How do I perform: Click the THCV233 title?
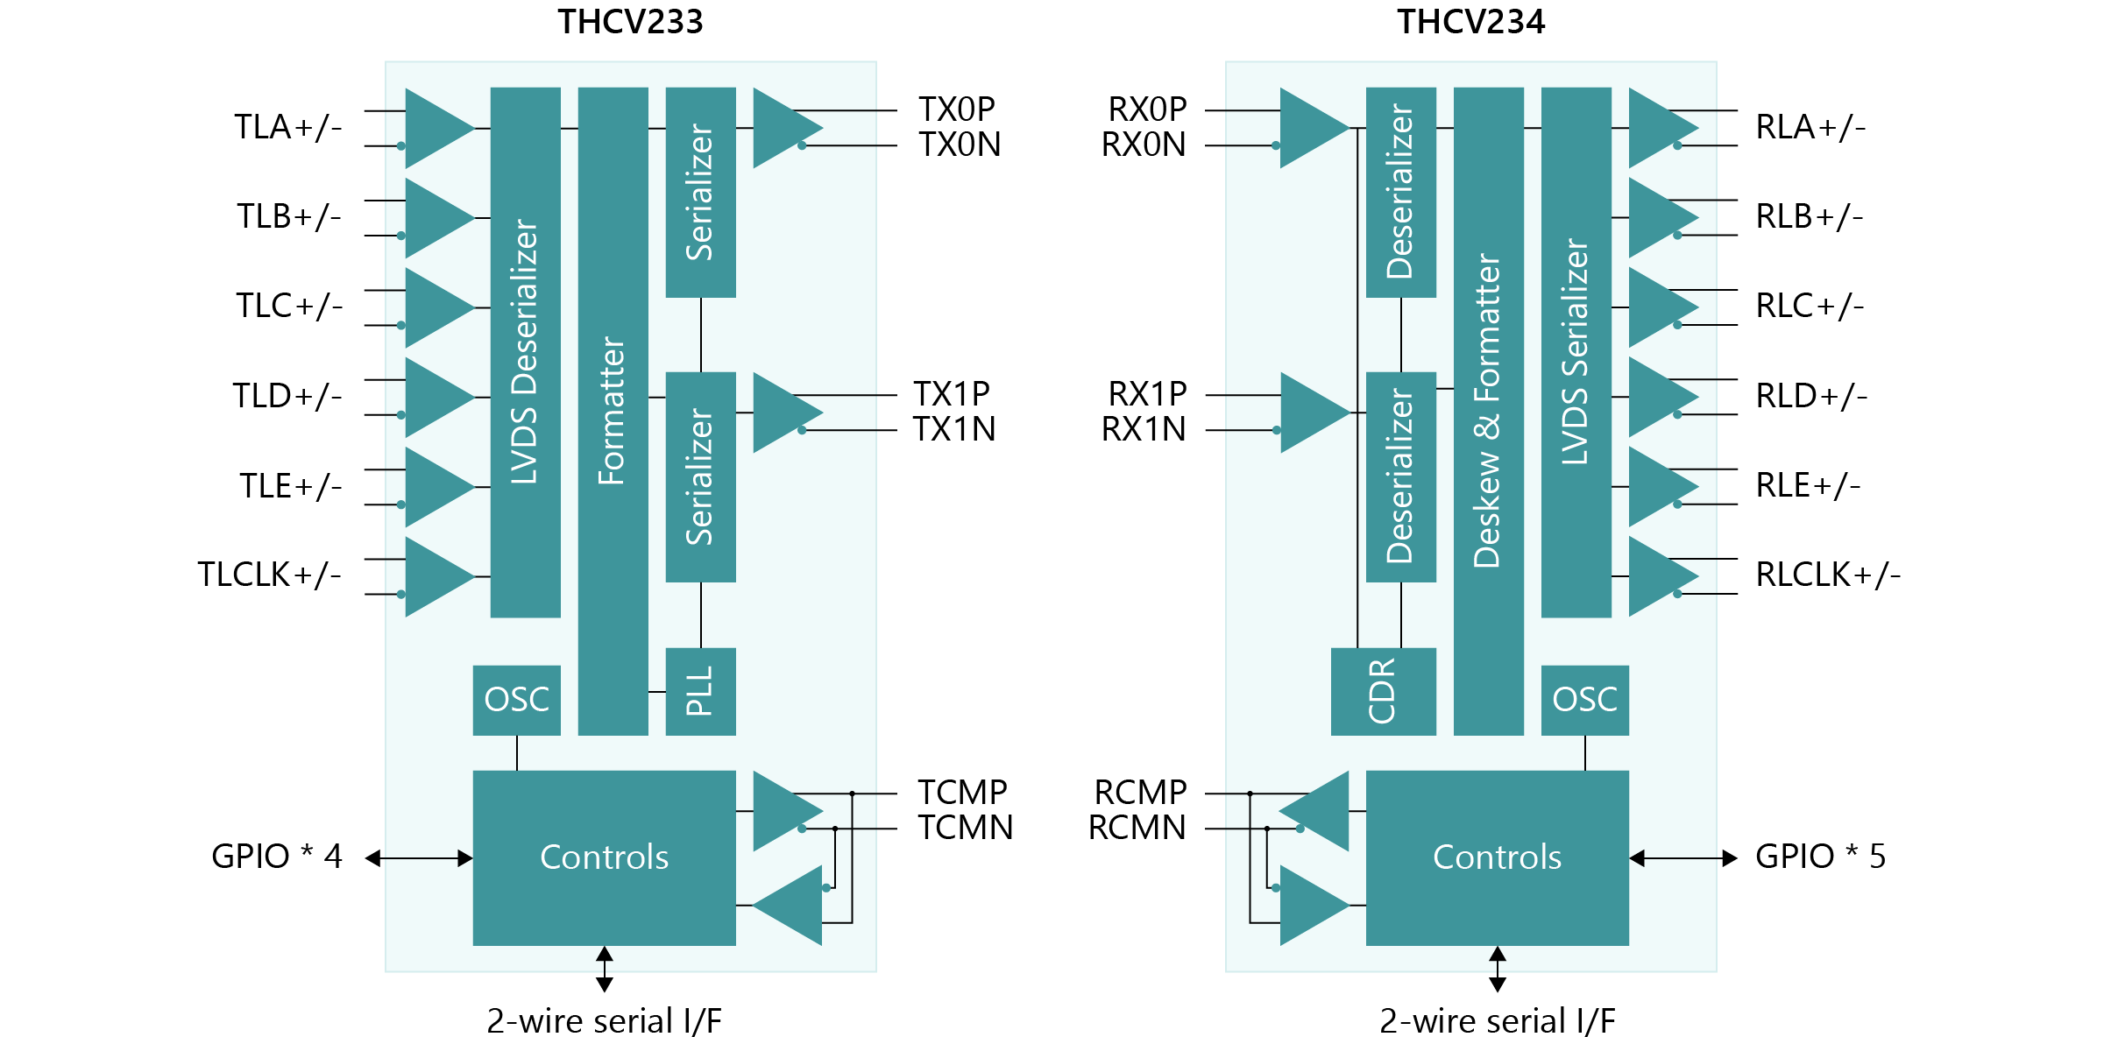pyautogui.click(x=630, y=22)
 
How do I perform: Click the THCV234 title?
pyautogui.click(x=1470, y=22)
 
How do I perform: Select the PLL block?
pyautogui.click(x=700, y=691)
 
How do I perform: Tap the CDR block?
pyautogui.click(x=1383, y=691)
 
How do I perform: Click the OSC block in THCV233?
pyautogui.click(x=516, y=700)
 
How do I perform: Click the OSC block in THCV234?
pyautogui.click(x=1584, y=700)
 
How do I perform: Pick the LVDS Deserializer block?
pyautogui.click(x=525, y=352)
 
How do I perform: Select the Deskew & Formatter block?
pyautogui.click(x=1488, y=411)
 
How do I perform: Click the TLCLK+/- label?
pyautogui.click(x=269, y=575)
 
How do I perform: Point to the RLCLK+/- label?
pyautogui.click(x=1828, y=575)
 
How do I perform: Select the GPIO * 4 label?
pyautogui.click(x=276, y=857)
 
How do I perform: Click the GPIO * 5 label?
pyautogui.click(x=1820, y=857)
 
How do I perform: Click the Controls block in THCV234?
pyautogui.click(x=1497, y=857)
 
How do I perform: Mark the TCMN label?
pyautogui.click(x=965, y=828)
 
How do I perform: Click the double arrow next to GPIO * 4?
pyautogui.click(x=419, y=858)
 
